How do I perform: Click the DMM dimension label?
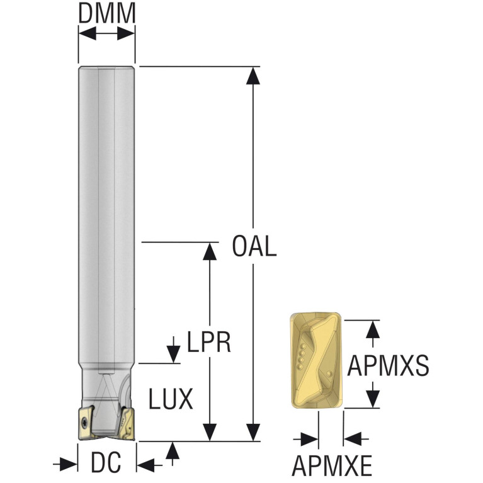click(107, 14)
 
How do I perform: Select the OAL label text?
click(254, 246)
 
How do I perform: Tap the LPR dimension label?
click(209, 342)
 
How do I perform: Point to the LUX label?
click(171, 399)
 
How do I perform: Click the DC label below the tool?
click(106, 463)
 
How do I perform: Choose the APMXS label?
click(388, 366)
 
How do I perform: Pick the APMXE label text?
click(332, 465)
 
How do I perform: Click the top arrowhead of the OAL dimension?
click(253, 76)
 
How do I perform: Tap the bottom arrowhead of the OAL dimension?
click(253, 432)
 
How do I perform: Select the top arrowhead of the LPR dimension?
click(210, 251)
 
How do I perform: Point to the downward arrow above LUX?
click(173, 350)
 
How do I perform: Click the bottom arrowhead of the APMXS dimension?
click(373, 399)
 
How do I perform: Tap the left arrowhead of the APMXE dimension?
click(309, 439)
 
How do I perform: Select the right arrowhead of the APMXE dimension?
click(352, 439)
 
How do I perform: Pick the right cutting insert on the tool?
click(127, 424)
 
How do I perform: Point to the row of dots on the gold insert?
click(301, 356)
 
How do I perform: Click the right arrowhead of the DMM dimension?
click(127, 33)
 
